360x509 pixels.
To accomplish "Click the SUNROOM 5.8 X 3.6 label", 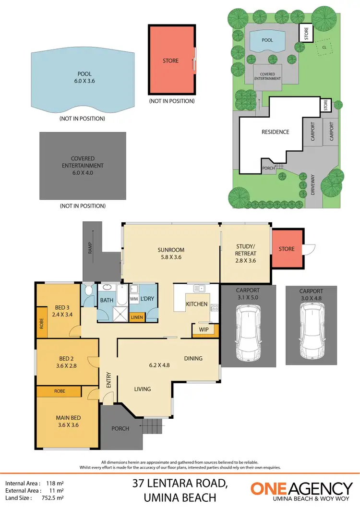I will tap(171, 254).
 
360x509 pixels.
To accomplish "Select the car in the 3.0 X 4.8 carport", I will tap(311, 331).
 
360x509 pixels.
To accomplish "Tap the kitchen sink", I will tap(199, 289).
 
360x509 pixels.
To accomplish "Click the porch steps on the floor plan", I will tap(151, 425).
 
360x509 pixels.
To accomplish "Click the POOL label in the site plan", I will tap(267, 40).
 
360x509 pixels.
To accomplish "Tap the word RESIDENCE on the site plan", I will tap(275, 132).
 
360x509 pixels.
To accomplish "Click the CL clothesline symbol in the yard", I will tap(324, 47).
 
